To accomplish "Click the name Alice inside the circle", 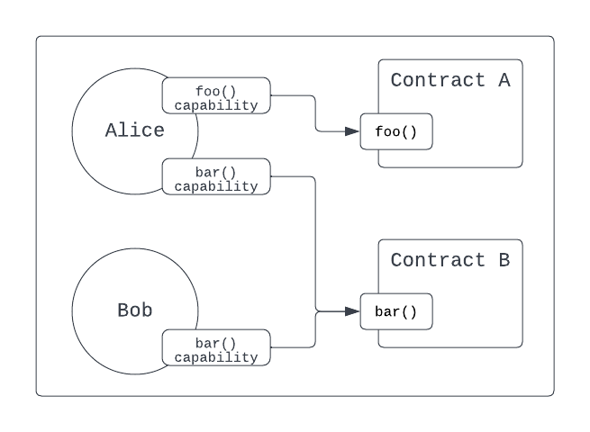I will (x=135, y=130).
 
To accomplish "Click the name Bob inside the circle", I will (x=135, y=310).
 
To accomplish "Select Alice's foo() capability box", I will (x=216, y=96).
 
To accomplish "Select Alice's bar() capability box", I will (x=216, y=176).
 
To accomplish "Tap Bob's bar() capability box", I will (x=216, y=348).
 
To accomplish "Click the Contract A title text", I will (x=450, y=80).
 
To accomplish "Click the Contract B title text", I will (x=450, y=260).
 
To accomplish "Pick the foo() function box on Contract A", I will (x=396, y=132).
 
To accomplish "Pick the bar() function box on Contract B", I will (x=396, y=312).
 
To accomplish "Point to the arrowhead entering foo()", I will (x=352, y=131).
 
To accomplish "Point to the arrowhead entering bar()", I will (x=352, y=311).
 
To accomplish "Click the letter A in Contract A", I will (x=504, y=80).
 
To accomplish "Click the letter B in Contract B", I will (x=504, y=260).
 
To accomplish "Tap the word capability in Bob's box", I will (x=216, y=357).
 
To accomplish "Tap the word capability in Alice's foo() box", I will (x=216, y=105).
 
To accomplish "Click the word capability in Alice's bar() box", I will (x=216, y=186).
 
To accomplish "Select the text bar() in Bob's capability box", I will (x=216, y=342).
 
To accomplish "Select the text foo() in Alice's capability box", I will (x=216, y=90).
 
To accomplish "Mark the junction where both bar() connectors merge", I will (x=315, y=311).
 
